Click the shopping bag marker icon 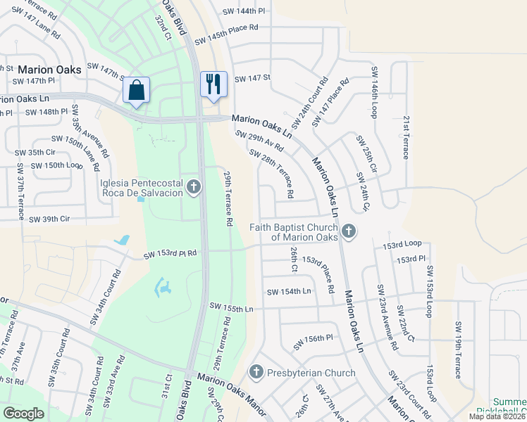point(136,90)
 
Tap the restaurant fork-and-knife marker point(212,84)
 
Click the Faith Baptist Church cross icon point(348,231)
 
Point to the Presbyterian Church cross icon point(256,371)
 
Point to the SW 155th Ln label point(231,307)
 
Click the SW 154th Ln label point(289,291)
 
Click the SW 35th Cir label point(35,152)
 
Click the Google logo point(24,414)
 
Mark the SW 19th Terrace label point(458,350)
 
